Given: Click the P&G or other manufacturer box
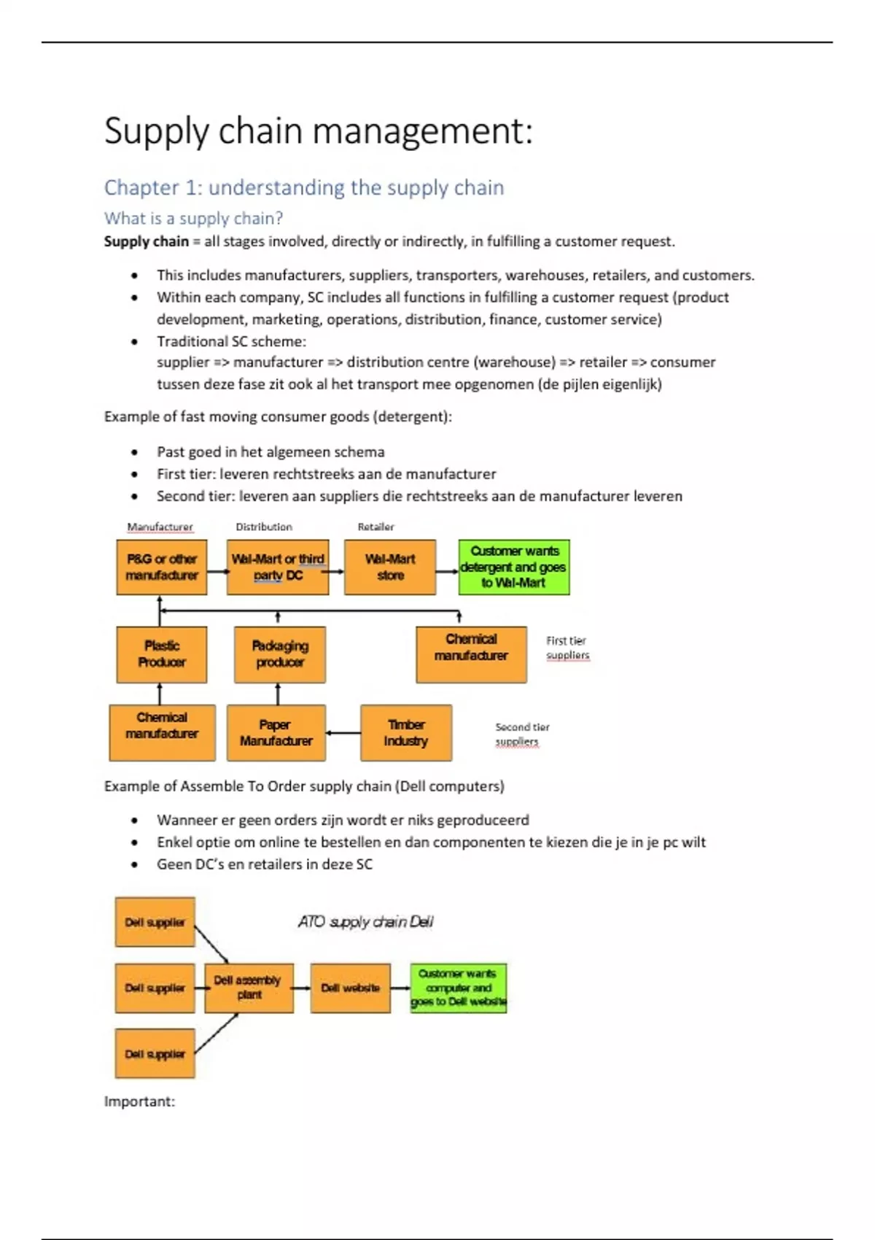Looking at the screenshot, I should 162,567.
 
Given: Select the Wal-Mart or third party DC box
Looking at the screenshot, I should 278,567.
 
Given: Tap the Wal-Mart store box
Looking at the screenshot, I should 390,567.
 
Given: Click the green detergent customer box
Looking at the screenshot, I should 514,567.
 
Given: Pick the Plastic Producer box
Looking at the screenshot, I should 162,654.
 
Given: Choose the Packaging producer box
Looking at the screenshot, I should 280,654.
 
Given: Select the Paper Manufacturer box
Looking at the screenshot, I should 276,733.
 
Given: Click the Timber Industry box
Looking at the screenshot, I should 406,733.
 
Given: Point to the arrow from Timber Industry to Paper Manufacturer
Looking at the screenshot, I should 343,733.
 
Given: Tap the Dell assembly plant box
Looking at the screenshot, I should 249,988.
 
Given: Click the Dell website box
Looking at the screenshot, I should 351,988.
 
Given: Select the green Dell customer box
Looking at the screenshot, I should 458,988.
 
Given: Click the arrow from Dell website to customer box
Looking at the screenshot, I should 400,988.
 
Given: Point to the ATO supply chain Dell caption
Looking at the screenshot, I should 365,922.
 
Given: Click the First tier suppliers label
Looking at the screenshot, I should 567,648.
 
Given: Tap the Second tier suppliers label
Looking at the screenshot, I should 522,734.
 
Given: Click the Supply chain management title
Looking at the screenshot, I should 319,131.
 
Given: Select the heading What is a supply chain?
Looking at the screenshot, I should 193,218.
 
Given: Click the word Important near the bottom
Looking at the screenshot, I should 139,1101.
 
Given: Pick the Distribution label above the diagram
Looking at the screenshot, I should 264,527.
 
